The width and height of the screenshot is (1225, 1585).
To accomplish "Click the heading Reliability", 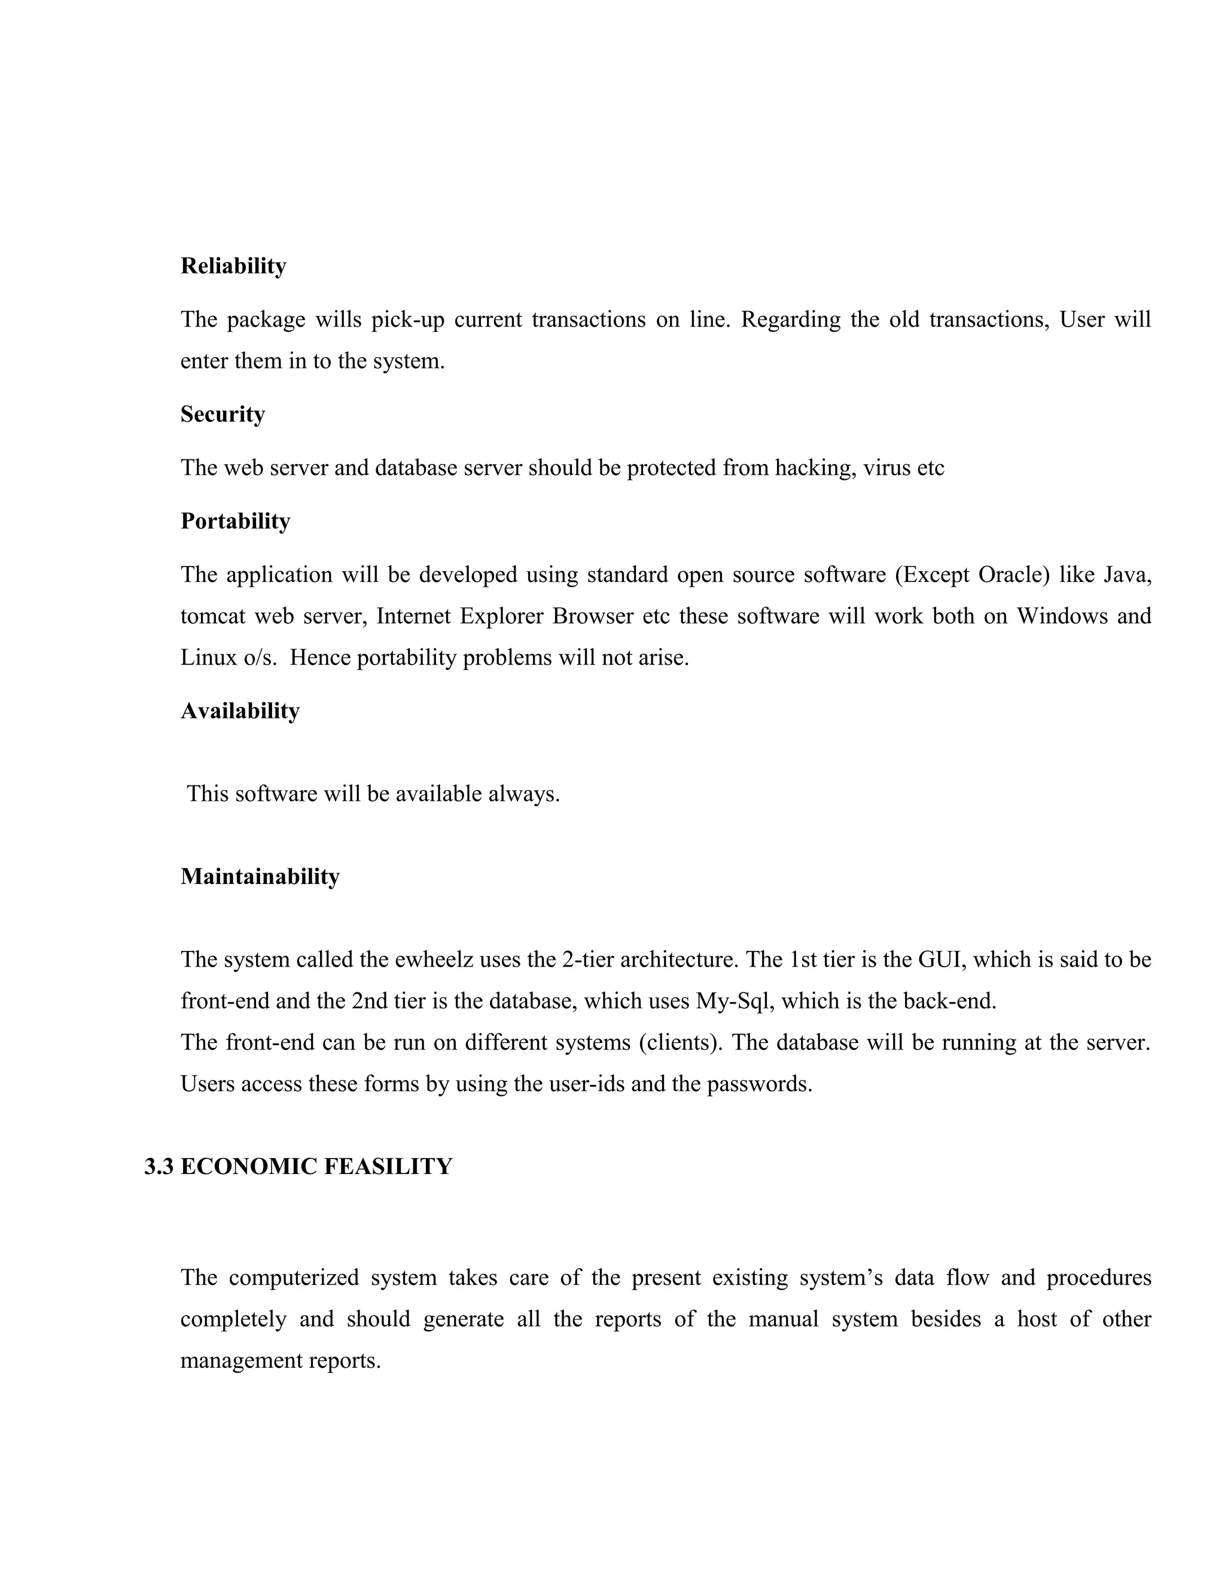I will click(233, 266).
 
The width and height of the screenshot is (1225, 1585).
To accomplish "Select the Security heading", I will click(223, 414).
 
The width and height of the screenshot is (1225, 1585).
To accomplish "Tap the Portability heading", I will click(235, 521).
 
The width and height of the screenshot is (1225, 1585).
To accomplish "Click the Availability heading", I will click(239, 711).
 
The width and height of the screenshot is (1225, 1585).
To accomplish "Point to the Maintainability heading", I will click(260, 877).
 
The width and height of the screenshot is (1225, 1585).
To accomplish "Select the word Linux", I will click(204, 659).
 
